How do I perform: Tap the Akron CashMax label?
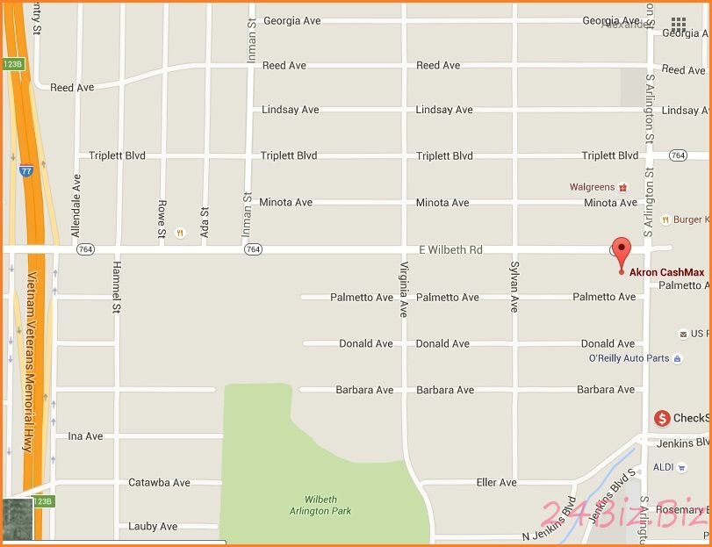[666, 272]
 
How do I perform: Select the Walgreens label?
[593, 187]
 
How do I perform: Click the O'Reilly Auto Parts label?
[629, 358]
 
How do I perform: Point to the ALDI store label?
[663, 467]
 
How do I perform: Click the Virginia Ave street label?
[404, 289]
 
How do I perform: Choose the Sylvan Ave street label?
[515, 286]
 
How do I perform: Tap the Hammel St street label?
[116, 286]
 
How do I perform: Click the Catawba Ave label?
[159, 483]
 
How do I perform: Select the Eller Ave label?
[496, 483]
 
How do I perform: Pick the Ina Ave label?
[85, 436]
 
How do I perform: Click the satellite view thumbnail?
[18, 520]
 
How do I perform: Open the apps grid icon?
[679, 24]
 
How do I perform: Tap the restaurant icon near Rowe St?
[179, 233]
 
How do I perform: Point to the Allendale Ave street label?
[76, 205]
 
